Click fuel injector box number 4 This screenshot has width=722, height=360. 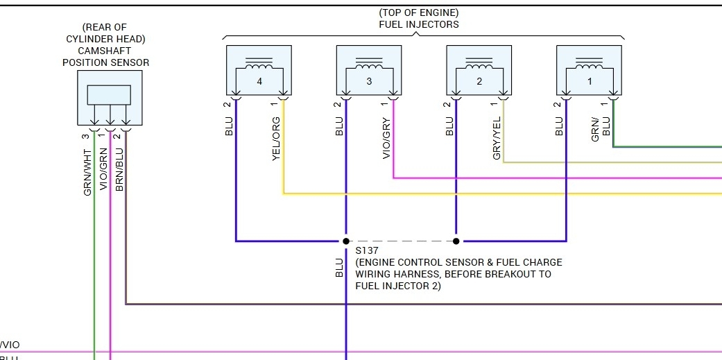coord(259,71)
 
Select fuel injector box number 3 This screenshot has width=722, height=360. coord(369,71)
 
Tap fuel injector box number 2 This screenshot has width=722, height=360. coord(479,71)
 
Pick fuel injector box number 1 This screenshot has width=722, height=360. coord(589,71)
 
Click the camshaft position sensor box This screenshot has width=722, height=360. coord(110,98)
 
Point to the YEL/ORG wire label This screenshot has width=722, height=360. coord(275,139)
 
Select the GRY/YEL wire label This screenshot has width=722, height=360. coord(497,138)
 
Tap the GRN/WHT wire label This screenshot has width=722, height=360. coord(88,171)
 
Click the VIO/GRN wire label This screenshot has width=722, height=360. coord(103,169)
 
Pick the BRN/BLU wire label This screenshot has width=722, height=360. coord(119,169)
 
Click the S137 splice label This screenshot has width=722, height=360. coord(366,251)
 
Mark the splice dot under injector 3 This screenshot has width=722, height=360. coord(346,241)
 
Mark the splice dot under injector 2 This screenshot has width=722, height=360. coord(456,241)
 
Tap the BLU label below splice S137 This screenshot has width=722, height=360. coord(340,268)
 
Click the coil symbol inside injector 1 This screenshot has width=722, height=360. coord(589,67)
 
